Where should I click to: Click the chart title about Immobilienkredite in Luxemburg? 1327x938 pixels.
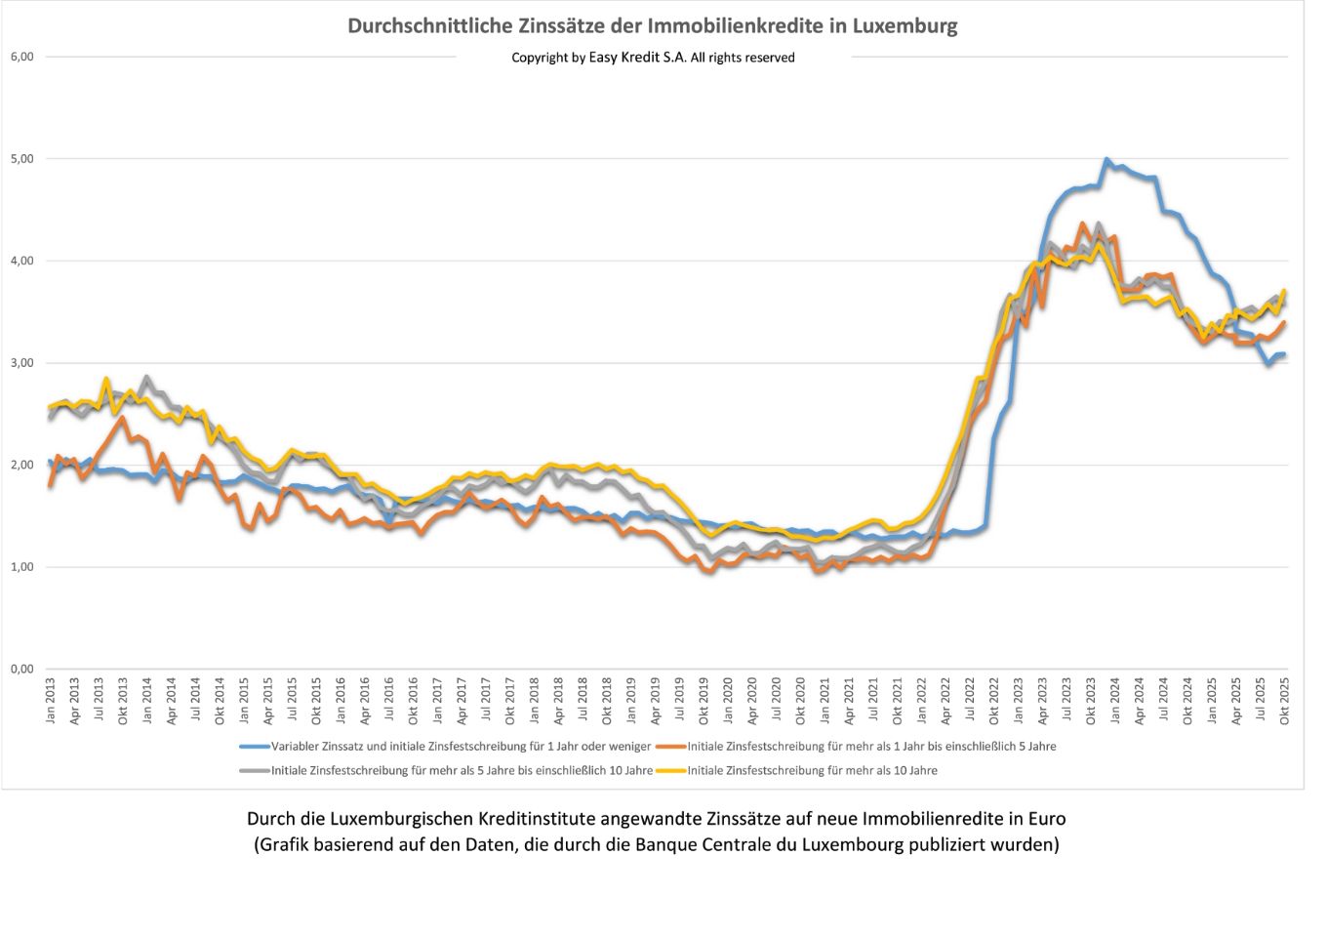coord(652,25)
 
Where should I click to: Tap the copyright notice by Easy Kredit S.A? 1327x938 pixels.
coord(653,58)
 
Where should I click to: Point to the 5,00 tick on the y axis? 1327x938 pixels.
coord(21,158)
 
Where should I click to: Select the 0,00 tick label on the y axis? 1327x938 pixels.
coord(21,669)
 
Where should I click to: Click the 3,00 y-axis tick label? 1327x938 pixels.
coord(21,362)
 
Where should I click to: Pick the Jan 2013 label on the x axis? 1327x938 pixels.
coord(51,702)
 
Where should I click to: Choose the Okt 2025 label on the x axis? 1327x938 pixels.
coord(1284,702)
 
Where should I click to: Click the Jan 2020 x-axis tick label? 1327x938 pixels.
coord(728,702)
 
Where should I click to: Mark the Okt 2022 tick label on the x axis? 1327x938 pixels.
coord(993,702)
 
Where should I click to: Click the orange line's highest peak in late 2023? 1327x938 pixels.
coord(1082,224)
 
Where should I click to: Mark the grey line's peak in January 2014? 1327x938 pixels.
coord(146,377)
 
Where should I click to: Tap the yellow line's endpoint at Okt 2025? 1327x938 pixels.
coord(1284,291)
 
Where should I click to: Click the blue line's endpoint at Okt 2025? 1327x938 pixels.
coord(1284,354)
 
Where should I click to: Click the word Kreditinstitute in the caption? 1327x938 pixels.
coord(545,819)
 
